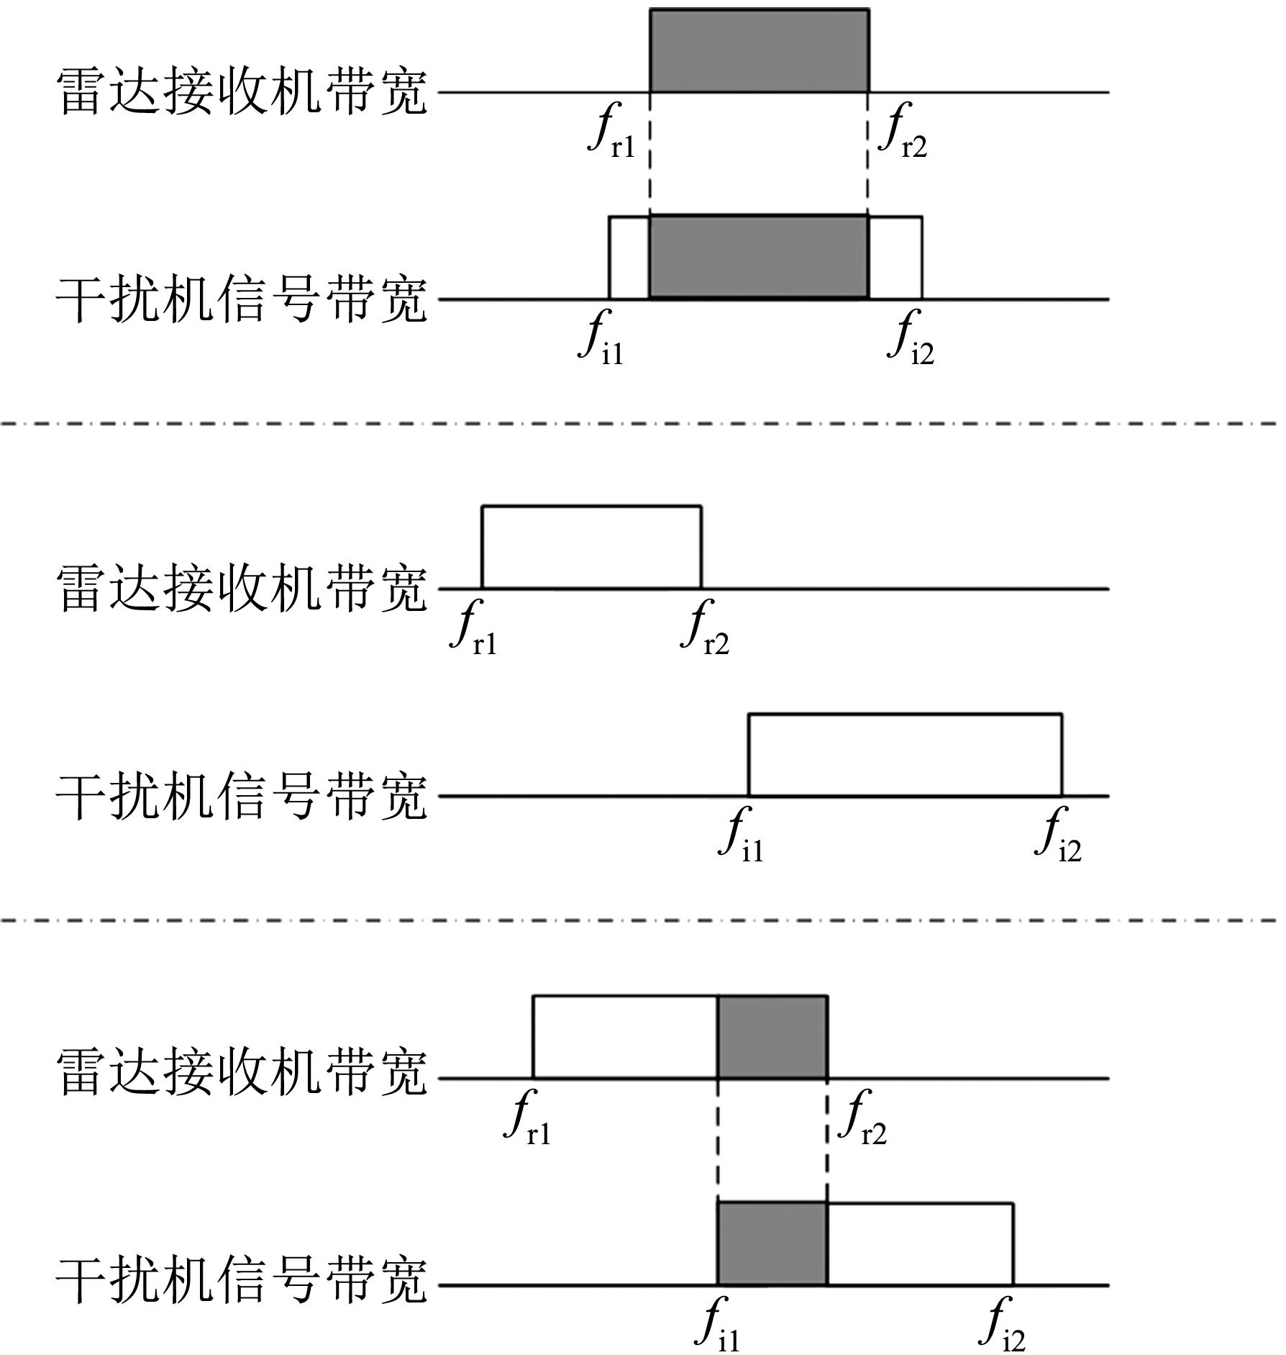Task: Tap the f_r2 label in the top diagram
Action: [x=904, y=131]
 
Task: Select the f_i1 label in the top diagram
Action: [x=603, y=337]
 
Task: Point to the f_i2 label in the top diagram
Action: [x=912, y=337]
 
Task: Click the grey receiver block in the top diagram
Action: [x=760, y=51]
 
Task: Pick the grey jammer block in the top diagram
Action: [x=759, y=257]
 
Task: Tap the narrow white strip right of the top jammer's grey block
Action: [x=895, y=257]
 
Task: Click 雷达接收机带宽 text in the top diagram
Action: [x=242, y=92]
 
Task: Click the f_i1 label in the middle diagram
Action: [x=742, y=835]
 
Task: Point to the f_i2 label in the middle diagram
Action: [x=1059, y=835]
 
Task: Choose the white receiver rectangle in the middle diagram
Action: [x=592, y=548]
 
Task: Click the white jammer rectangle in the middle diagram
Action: [x=906, y=755]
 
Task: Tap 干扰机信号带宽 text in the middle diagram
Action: [x=242, y=797]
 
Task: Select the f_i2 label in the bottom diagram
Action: [x=1003, y=1324]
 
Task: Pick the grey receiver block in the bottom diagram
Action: [x=773, y=1037]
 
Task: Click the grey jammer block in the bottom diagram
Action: [x=773, y=1243]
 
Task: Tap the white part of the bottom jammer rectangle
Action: [x=921, y=1243]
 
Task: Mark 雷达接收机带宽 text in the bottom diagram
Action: [x=242, y=1071]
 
